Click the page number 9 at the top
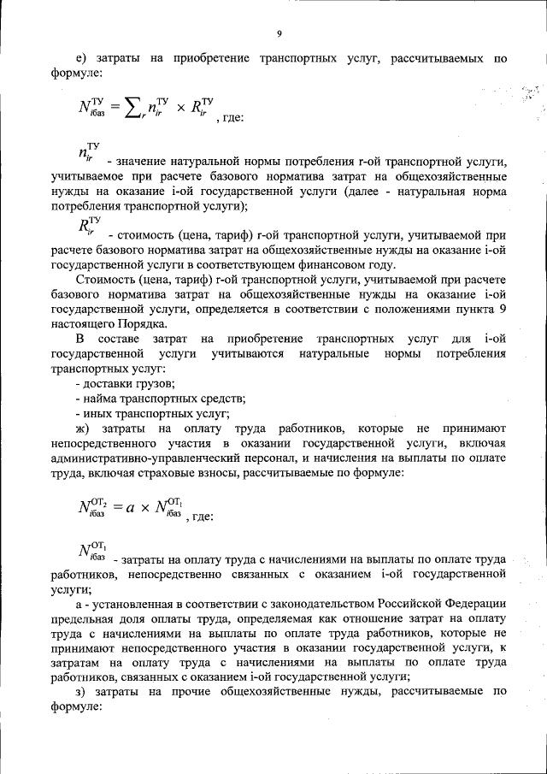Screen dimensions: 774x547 coord(279,33)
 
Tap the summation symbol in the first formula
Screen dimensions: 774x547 coord(132,108)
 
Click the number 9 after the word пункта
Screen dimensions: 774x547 coord(503,308)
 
